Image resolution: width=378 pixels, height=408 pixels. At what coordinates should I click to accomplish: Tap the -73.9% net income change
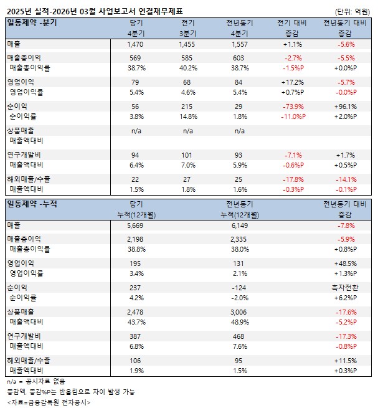[x=293, y=107]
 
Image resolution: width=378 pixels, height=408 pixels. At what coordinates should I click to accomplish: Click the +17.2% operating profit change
[x=293, y=82]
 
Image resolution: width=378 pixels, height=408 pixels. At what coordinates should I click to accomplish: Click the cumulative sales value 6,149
[x=240, y=225]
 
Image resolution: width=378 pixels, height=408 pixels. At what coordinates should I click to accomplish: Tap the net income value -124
[x=240, y=287]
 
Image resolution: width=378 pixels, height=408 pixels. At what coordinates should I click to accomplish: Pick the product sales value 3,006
[x=240, y=311]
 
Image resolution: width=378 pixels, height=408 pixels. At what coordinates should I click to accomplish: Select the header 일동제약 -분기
[x=32, y=22]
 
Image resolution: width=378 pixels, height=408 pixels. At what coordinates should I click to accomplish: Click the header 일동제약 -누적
[x=32, y=203]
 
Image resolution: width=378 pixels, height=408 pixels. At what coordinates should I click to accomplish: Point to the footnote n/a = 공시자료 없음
[x=35, y=381]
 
